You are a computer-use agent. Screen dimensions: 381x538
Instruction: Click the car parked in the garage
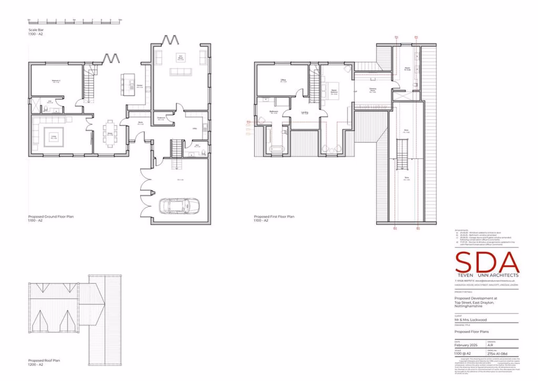(179, 205)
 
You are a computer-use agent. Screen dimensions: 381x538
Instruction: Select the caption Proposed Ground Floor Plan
(51, 217)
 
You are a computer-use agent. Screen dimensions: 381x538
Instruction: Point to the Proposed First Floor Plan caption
(274, 217)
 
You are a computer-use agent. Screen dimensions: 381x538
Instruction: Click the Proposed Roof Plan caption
(45, 360)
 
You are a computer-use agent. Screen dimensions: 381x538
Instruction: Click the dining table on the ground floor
(110, 134)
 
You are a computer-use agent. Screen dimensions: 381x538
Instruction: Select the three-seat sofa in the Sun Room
(181, 71)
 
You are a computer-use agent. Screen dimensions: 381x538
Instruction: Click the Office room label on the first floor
(282, 80)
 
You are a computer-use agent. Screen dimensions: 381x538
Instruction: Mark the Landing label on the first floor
(305, 113)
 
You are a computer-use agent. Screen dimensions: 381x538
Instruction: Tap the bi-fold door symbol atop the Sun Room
(169, 40)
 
